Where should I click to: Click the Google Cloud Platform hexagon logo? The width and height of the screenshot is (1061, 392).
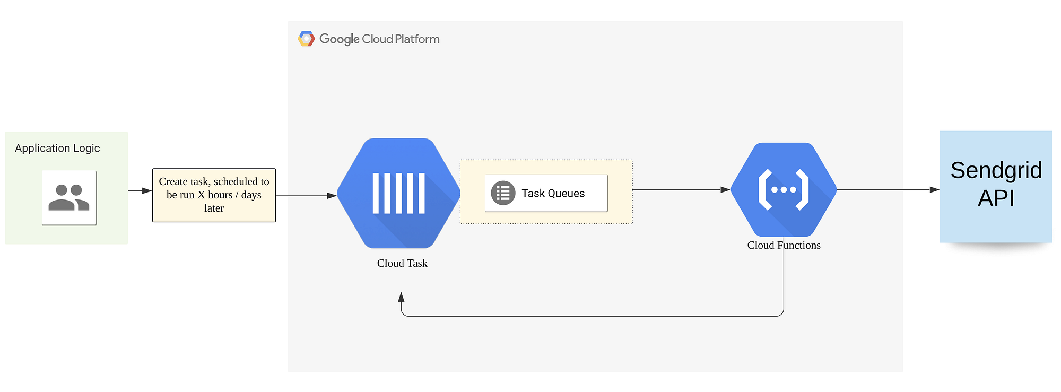click(x=306, y=39)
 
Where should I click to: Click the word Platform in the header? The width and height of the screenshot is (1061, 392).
click(x=417, y=39)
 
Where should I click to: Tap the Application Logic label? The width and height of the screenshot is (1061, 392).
click(x=57, y=149)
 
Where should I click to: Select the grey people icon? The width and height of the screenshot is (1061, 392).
click(x=69, y=197)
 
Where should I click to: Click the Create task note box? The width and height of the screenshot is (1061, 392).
click(x=214, y=195)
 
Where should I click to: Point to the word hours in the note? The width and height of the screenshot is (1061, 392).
click(x=220, y=195)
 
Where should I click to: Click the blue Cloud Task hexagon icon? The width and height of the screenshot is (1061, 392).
click(x=398, y=194)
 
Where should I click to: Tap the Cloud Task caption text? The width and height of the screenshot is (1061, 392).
click(x=402, y=263)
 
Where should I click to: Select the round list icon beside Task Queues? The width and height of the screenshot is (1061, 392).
click(x=502, y=193)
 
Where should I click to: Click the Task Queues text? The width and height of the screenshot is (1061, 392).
click(x=553, y=194)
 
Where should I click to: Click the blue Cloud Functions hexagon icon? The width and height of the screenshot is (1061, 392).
click(x=784, y=189)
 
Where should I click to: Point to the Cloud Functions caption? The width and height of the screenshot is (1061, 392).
click(x=784, y=245)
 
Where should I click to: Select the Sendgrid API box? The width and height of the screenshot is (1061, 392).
click(x=996, y=187)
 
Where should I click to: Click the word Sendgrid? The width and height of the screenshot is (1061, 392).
click(x=996, y=171)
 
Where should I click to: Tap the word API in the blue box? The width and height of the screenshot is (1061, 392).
click(x=996, y=198)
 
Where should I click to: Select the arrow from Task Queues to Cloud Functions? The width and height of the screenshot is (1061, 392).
click(x=681, y=189)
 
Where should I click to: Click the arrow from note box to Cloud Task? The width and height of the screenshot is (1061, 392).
click(x=306, y=196)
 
